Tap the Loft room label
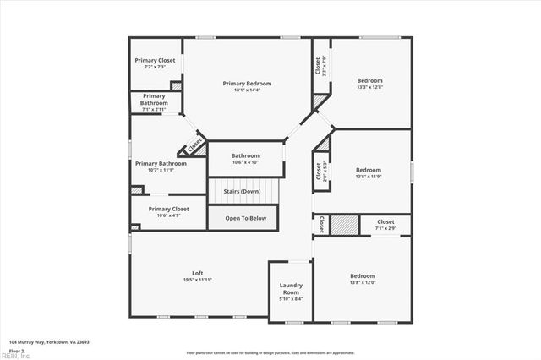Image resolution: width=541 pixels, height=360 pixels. tap(198, 273)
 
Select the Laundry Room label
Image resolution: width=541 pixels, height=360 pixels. tap(291, 289)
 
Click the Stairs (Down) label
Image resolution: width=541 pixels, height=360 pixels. tap(242, 191)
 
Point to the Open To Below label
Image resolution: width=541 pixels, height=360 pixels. tap(246, 218)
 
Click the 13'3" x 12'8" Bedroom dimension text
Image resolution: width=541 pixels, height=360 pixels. tap(369, 86)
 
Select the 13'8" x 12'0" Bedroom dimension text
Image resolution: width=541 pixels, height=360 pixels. tap(363, 282)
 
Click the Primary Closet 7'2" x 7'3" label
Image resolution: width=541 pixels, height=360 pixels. tap(156, 61)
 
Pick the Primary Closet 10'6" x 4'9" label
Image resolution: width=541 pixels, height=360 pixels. tap(168, 209)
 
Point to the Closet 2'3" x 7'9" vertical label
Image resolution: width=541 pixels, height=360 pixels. tap(319, 65)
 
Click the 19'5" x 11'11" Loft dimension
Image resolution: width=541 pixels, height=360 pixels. tap(198, 279)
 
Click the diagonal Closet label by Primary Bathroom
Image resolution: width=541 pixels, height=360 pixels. tap(194, 145)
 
